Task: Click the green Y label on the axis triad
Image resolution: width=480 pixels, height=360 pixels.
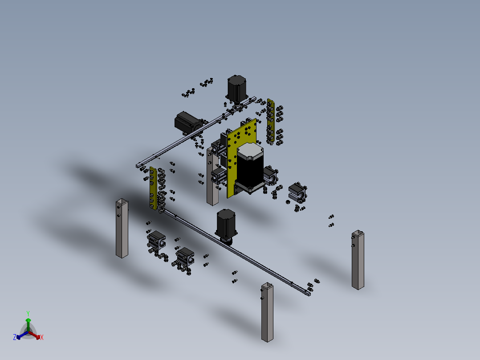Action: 28,313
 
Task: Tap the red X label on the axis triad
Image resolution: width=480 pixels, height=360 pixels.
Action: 42,338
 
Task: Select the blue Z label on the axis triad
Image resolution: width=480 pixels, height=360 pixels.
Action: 14,338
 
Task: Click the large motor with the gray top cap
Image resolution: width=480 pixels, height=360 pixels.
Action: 251,168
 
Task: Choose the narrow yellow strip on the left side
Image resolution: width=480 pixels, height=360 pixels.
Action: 153,188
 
